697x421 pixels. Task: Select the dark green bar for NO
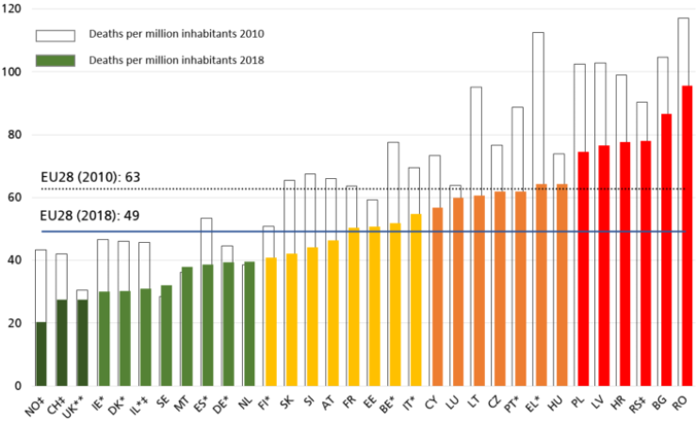[41, 353]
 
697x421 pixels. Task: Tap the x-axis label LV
[600, 402]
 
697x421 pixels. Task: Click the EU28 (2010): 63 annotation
[89, 176]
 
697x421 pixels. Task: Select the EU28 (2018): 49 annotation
[89, 216]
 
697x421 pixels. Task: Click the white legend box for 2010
[56, 35]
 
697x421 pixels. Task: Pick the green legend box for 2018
[56, 61]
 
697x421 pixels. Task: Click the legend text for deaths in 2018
[175, 61]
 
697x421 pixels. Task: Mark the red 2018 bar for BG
[665, 250]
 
